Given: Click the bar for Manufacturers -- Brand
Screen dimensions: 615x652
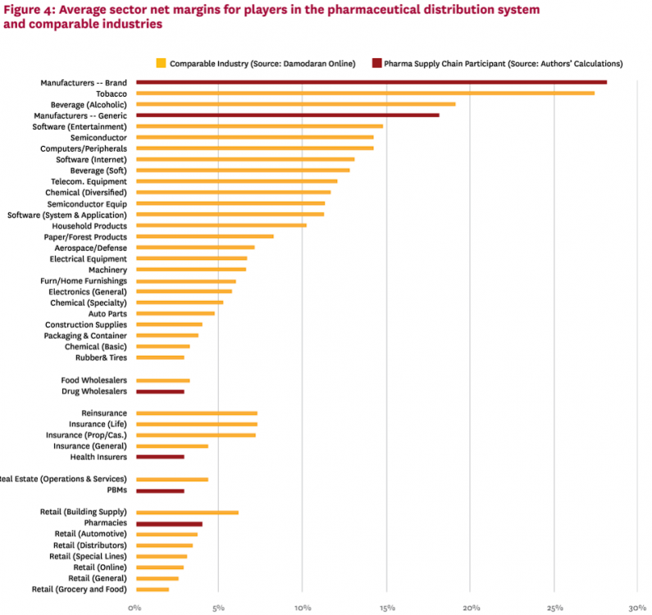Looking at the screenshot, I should (371, 82).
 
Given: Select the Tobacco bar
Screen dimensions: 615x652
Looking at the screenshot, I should (365, 93).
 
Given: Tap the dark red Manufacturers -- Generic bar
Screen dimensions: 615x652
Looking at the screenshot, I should (287, 116).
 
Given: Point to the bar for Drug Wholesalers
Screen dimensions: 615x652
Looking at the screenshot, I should (160, 392).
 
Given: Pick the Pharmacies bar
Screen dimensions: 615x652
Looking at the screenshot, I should (169, 523).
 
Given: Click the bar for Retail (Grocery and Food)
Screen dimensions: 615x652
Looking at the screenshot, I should (153, 590).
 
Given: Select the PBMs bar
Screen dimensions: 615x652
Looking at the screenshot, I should (160, 490).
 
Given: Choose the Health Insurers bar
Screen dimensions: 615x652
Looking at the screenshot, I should (160, 457).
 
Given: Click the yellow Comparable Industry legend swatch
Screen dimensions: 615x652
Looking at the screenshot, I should (161, 63).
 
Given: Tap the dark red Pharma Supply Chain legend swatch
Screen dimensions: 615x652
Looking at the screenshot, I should (376, 63).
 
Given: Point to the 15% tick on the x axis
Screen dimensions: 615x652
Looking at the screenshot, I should (387, 608).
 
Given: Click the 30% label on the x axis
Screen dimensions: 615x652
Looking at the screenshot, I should (636, 608).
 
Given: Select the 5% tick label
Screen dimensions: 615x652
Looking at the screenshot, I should (219, 608).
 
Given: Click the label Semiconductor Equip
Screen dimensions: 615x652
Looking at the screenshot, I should (87, 203).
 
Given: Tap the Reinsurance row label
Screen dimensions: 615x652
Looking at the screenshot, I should (104, 413).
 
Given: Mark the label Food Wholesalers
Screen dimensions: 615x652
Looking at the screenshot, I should (93, 380).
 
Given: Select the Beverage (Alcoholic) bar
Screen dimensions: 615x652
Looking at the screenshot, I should (295, 104).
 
